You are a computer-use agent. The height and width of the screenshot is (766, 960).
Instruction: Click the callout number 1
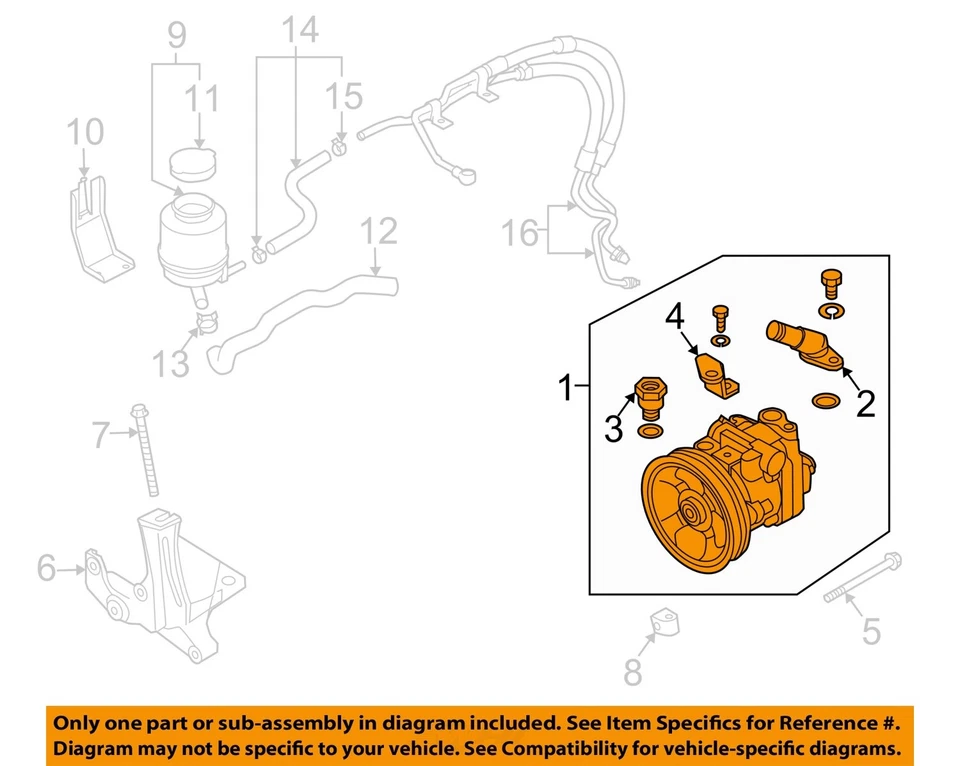(567, 387)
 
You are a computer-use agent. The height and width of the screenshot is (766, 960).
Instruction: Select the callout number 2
(865, 403)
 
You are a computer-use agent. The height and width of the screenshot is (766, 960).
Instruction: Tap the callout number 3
(614, 429)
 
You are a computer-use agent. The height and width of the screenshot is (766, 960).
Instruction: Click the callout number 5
(871, 631)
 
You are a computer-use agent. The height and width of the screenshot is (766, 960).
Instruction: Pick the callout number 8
(632, 671)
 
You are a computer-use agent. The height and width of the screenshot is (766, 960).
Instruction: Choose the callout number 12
(379, 232)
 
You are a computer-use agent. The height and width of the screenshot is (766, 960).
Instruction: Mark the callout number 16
(519, 235)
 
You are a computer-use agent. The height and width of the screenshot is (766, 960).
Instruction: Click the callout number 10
(85, 133)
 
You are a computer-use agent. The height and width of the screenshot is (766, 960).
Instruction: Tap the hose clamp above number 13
(208, 321)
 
